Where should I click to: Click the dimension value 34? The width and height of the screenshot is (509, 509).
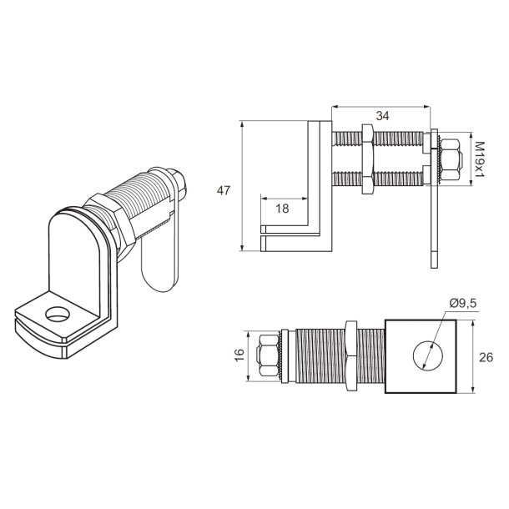coord(382,117)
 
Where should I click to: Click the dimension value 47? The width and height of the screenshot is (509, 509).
coord(223,190)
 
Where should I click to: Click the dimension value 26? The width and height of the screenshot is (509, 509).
coord(487,357)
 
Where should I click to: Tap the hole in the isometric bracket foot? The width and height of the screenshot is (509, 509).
coord(57,315)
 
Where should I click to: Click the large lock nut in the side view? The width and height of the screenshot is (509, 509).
coord(366,159)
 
